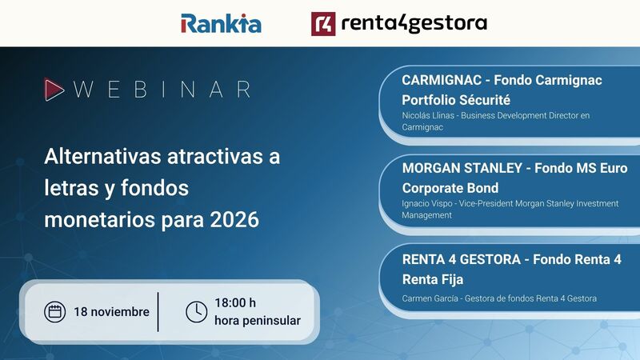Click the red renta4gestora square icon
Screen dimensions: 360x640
323,23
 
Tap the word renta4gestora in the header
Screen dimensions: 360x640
413,23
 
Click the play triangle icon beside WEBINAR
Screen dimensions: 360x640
54,89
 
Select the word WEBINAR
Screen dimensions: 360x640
162,89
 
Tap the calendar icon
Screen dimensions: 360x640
55,311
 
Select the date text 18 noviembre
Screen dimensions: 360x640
111,311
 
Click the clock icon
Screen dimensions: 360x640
196,311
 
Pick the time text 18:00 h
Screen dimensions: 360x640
235,303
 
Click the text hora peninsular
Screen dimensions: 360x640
257,321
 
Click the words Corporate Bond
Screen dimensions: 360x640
450,188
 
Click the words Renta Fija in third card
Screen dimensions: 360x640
433,279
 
